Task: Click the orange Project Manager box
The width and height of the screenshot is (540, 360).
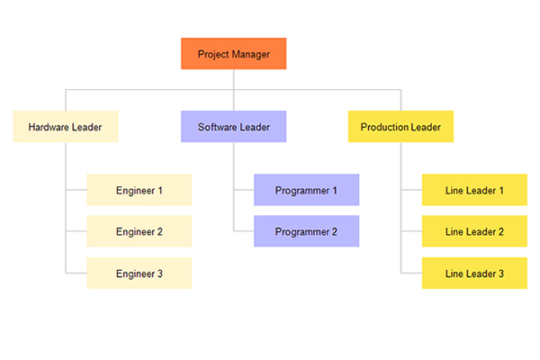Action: (x=233, y=54)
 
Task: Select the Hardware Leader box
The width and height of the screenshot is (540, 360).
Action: (x=66, y=126)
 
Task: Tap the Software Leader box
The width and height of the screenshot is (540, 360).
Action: (x=233, y=126)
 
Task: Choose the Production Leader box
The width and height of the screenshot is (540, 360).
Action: (x=400, y=126)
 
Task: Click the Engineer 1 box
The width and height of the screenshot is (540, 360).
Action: (x=139, y=190)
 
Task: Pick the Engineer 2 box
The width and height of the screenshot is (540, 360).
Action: (x=139, y=231)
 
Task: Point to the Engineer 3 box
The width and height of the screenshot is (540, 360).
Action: (x=139, y=273)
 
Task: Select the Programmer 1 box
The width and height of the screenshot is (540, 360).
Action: (x=307, y=190)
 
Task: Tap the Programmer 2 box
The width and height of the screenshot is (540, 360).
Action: (x=307, y=231)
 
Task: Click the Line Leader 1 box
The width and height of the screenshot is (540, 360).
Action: (x=474, y=190)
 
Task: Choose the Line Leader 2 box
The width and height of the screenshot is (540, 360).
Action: (x=474, y=231)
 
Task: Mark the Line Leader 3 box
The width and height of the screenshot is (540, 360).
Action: (x=474, y=273)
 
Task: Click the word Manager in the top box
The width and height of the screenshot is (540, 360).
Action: (x=251, y=54)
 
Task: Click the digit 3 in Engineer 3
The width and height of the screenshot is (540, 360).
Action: (x=160, y=274)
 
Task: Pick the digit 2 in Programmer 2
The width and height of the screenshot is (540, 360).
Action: (x=335, y=232)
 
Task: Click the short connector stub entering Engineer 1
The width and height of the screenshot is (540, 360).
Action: (x=76, y=190)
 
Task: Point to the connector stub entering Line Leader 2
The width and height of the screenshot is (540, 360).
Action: (x=411, y=231)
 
